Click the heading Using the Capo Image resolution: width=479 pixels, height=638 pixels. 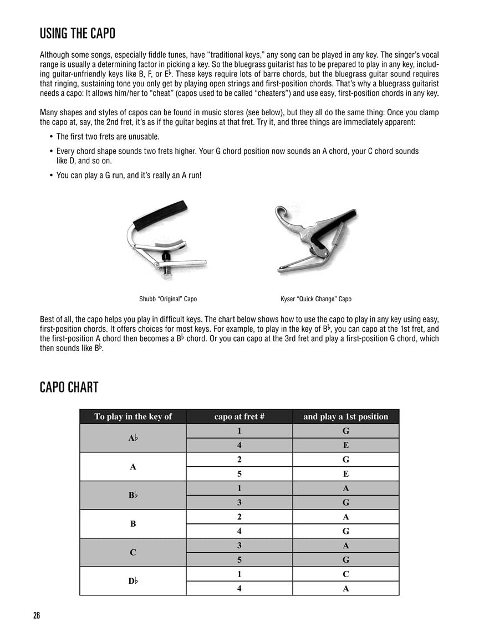pos(77,34)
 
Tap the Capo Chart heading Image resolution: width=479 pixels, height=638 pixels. pos(69,387)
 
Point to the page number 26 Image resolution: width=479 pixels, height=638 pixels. pos(36,616)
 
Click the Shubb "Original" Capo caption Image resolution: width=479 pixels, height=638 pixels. pos(168,299)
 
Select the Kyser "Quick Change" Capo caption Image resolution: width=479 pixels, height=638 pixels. pos(316,299)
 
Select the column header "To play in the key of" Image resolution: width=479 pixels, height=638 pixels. pos(133,416)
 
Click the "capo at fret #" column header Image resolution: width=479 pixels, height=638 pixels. pos(239,416)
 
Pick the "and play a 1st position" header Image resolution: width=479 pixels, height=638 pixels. pos(345,416)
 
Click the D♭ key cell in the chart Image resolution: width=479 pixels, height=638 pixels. pos(133,581)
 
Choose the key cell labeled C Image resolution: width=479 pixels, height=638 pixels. pos(133,552)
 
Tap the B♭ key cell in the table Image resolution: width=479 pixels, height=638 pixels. pos(133,495)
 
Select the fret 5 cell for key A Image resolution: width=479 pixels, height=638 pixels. pos(239,474)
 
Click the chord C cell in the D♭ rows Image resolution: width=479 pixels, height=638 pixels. pos(345,574)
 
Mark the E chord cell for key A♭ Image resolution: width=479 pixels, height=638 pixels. pos(345,445)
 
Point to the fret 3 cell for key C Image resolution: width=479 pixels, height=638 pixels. pos(239,546)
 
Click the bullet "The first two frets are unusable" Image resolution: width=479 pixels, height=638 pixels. pos(100,136)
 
